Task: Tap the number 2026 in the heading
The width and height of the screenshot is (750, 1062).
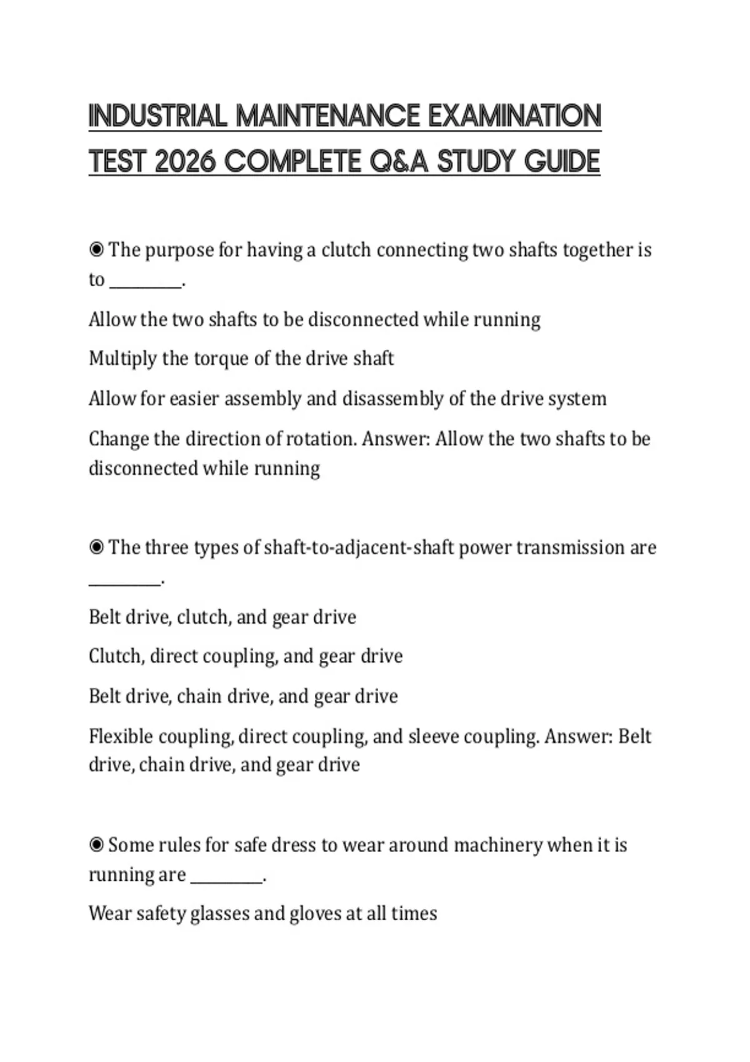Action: [184, 162]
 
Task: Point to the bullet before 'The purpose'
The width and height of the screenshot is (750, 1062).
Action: [96, 251]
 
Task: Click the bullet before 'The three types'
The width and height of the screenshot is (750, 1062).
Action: [96, 548]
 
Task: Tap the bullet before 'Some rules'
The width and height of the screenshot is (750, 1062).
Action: [96, 845]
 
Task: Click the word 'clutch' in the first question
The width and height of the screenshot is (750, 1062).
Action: [346, 250]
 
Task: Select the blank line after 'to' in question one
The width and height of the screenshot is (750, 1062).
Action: [146, 284]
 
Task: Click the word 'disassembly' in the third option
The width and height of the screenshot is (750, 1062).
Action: [392, 399]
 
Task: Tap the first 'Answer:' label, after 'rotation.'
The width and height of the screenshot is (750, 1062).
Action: [396, 439]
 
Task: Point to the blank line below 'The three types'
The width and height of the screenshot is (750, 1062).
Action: [124, 583]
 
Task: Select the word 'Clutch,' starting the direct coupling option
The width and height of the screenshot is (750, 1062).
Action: [116, 656]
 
